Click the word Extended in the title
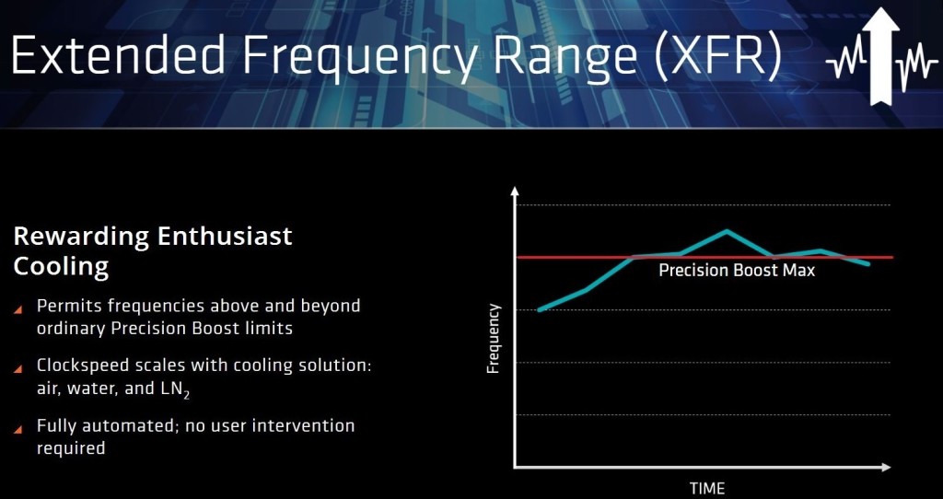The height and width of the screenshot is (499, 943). click(x=119, y=54)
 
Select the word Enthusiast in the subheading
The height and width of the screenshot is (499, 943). click(x=225, y=237)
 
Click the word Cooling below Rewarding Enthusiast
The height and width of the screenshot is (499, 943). click(x=61, y=267)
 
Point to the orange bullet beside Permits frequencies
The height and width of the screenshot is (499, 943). click(x=18, y=309)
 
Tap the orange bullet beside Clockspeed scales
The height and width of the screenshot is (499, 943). click(x=18, y=368)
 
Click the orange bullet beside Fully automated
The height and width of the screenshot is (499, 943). click(x=18, y=429)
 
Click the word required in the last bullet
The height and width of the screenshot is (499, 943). click(x=71, y=449)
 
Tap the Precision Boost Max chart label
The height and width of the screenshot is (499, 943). click(x=737, y=271)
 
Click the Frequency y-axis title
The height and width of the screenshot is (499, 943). click(x=494, y=339)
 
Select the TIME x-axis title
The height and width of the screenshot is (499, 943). click(x=707, y=488)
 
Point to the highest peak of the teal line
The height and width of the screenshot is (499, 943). click(x=728, y=231)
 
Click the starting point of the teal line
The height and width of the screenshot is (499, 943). click(x=539, y=309)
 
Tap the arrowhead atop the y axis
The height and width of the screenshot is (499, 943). click(x=514, y=191)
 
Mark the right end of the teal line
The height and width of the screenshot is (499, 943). click(x=867, y=263)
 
